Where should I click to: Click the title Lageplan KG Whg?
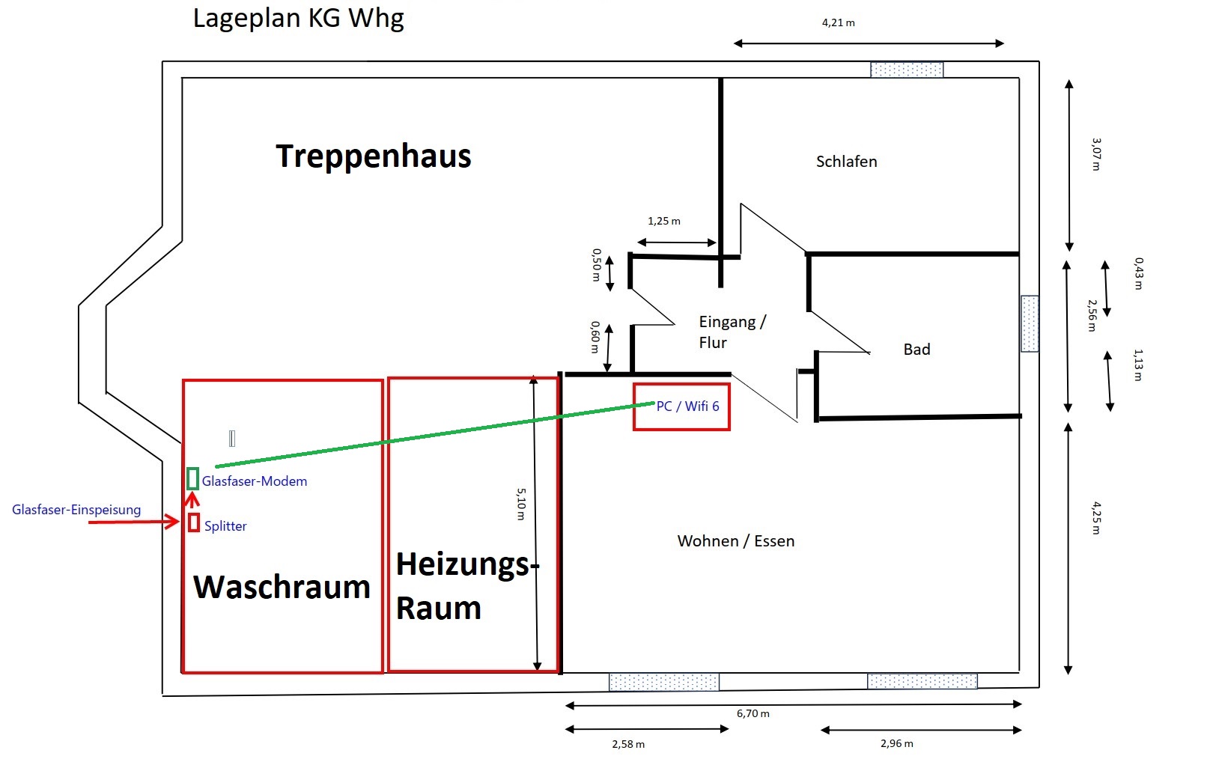(298, 19)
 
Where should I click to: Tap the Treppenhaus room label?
(374, 156)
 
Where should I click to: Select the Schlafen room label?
(846, 161)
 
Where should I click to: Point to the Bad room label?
(917, 349)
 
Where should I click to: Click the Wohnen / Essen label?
(735, 540)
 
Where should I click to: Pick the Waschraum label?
(282, 587)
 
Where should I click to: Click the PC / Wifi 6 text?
(688, 406)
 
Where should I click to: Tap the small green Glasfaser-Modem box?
(192, 479)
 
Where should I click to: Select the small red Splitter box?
(194, 522)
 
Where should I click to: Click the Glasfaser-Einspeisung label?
(76, 510)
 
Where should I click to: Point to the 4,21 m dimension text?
(838, 22)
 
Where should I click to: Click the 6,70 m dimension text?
(753, 713)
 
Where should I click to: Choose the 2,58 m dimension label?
(628, 744)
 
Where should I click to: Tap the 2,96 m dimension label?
(897, 743)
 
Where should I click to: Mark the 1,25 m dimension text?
(664, 221)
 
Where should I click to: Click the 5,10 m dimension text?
(520, 505)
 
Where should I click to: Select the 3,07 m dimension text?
(1096, 154)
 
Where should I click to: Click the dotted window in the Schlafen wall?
(907, 70)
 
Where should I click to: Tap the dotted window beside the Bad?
(1030, 323)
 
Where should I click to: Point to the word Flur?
(713, 343)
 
